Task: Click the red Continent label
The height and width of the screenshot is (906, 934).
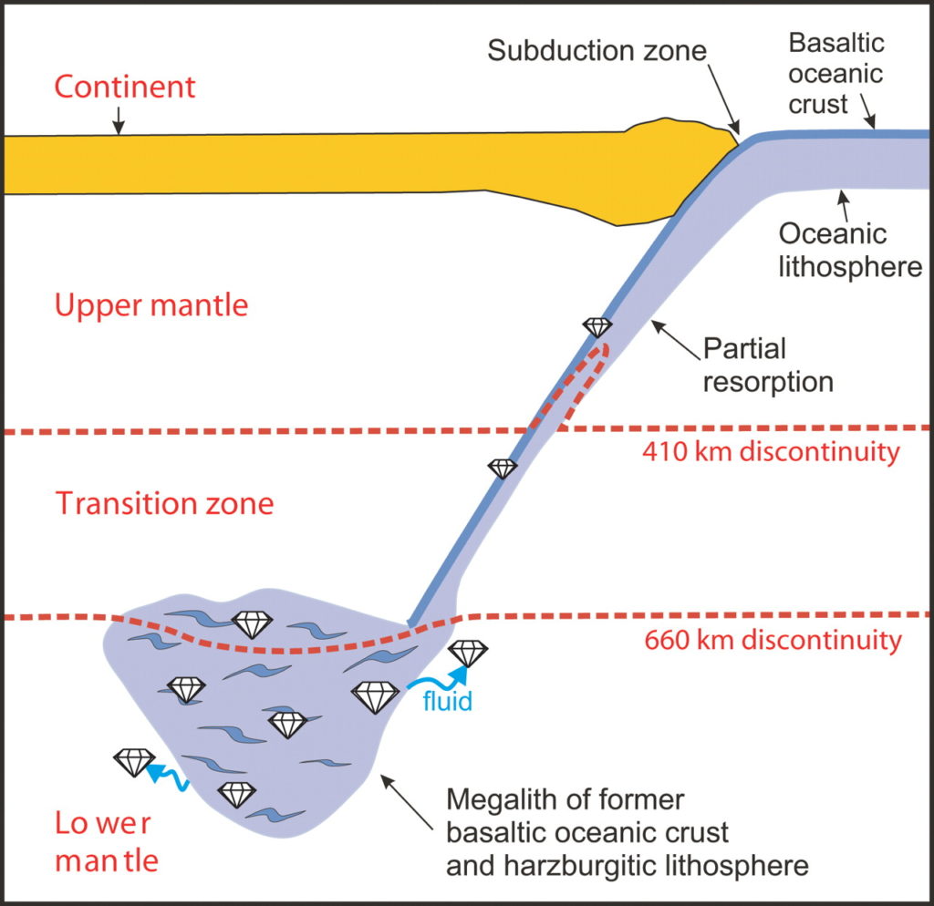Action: point(125,87)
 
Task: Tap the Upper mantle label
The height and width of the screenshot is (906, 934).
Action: point(151,304)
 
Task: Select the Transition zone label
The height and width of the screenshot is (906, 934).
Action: point(165,503)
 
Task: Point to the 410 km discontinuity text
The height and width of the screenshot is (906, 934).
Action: point(771,451)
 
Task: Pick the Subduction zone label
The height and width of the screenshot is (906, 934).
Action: point(597,49)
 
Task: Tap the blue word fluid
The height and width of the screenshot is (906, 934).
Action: point(447,703)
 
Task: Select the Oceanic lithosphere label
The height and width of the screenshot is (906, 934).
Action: point(846,251)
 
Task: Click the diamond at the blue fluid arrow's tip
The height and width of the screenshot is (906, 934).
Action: point(469,653)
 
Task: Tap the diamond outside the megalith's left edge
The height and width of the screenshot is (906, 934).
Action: point(134,762)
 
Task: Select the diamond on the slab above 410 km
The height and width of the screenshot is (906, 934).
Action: point(597,327)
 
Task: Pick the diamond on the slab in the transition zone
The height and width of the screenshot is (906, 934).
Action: point(503,468)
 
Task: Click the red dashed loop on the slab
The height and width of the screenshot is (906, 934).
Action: point(574,382)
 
